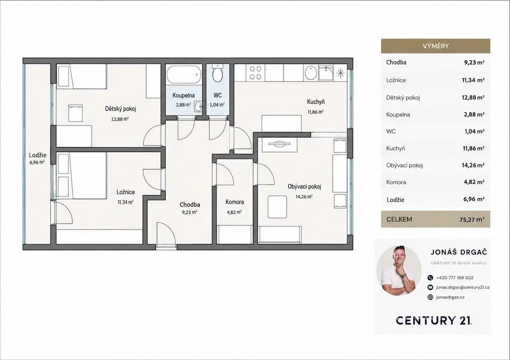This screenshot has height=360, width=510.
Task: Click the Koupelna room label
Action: (x=184, y=95)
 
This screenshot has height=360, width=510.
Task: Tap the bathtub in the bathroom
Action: (x=184, y=74)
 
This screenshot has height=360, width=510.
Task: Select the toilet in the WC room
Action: (x=218, y=73)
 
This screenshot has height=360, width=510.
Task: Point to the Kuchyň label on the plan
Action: (x=316, y=102)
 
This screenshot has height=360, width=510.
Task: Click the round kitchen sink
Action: (x=311, y=73)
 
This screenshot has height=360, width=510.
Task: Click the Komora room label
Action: (x=235, y=202)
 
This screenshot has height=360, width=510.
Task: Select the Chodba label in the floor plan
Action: (x=190, y=204)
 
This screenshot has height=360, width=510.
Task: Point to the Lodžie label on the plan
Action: (x=38, y=155)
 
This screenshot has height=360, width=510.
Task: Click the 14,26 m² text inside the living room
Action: (x=304, y=196)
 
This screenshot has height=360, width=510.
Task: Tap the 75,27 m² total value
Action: (x=472, y=219)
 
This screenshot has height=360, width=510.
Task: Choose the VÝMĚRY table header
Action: (x=436, y=46)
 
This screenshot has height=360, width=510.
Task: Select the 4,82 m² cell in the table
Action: (x=474, y=182)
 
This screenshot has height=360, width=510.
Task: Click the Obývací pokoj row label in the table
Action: (x=404, y=165)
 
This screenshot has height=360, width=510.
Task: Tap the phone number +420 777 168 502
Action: (x=455, y=278)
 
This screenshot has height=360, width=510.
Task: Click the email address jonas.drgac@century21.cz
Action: (x=463, y=288)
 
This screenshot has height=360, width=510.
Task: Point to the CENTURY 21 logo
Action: (x=434, y=320)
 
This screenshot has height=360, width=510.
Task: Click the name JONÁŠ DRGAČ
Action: (x=459, y=252)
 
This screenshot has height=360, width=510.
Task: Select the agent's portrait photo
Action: (x=399, y=270)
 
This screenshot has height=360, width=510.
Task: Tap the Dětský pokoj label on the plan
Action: (x=120, y=109)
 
